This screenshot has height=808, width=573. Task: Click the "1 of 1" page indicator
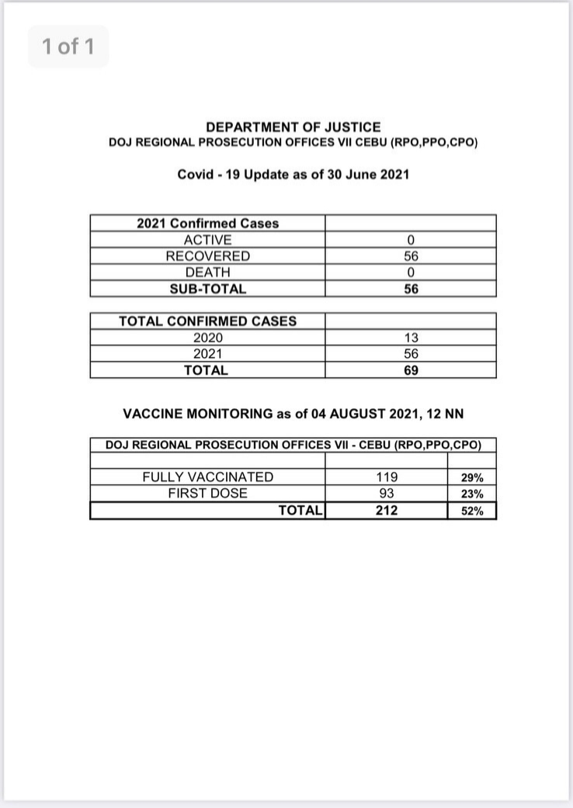[68, 47]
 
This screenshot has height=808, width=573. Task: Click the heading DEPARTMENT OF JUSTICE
[293, 127]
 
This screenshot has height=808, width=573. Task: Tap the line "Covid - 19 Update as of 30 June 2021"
[293, 174]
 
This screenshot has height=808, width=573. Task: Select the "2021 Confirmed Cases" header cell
[207, 224]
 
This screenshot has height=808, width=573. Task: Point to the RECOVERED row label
[207, 256]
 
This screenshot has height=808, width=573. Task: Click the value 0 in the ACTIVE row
[411, 241]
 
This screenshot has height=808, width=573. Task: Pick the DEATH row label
[207, 272]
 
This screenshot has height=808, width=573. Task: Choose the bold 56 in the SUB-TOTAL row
[411, 289]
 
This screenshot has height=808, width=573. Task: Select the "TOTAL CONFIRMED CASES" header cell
[207, 321]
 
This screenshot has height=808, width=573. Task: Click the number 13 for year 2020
[411, 338]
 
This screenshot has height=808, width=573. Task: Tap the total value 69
[411, 370]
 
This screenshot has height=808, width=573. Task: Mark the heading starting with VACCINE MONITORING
[293, 414]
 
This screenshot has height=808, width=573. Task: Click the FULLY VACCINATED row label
[207, 477]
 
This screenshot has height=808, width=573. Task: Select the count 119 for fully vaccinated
[387, 477]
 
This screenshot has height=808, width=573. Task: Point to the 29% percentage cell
[472, 478]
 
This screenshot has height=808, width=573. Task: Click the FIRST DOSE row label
[207, 494]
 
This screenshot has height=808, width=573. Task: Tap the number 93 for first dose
[387, 494]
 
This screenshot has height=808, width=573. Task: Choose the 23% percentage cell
[472, 494]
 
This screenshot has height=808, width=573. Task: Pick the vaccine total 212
[387, 511]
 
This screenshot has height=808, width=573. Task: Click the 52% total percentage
[472, 512]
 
